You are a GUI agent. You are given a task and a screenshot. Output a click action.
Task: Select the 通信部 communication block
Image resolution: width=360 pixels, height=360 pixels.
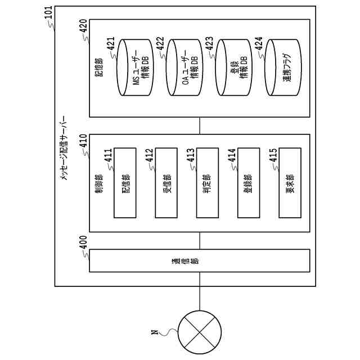(x=199, y=262)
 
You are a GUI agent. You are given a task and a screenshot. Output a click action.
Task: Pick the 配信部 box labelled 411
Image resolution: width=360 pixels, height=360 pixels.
(x=125, y=183)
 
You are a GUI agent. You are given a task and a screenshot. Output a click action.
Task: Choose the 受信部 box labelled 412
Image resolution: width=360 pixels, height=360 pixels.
(x=166, y=183)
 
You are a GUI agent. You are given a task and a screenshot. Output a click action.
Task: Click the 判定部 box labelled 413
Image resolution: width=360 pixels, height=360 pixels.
(x=208, y=183)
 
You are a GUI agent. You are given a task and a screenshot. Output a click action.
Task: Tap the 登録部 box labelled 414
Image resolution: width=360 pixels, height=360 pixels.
(x=249, y=183)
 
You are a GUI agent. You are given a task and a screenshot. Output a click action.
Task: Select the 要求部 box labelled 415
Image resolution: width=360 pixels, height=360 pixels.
(x=290, y=183)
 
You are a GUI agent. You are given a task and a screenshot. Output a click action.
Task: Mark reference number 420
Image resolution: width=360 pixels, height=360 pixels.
(x=83, y=26)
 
